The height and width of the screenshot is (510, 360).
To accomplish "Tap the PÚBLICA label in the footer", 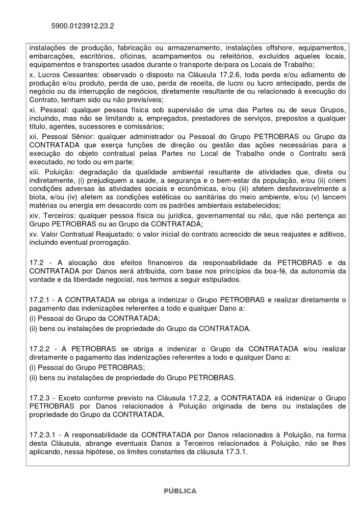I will pos(179,491).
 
